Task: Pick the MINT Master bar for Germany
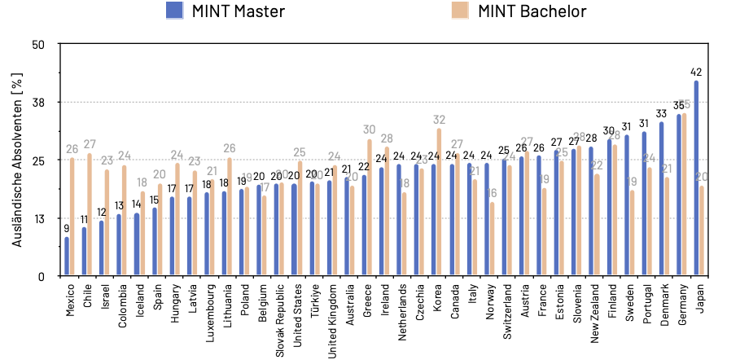click(x=679, y=195)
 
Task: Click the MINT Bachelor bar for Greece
click(x=369, y=207)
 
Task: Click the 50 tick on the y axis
click(x=40, y=44)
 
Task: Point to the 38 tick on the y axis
click(x=40, y=102)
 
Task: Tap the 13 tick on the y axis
click(x=40, y=218)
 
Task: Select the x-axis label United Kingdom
click(x=332, y=314)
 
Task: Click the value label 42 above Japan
click(x=696, y=72)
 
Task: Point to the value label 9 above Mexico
click(x=67, y=229)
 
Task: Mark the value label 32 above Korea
click(x=439, y=120)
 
